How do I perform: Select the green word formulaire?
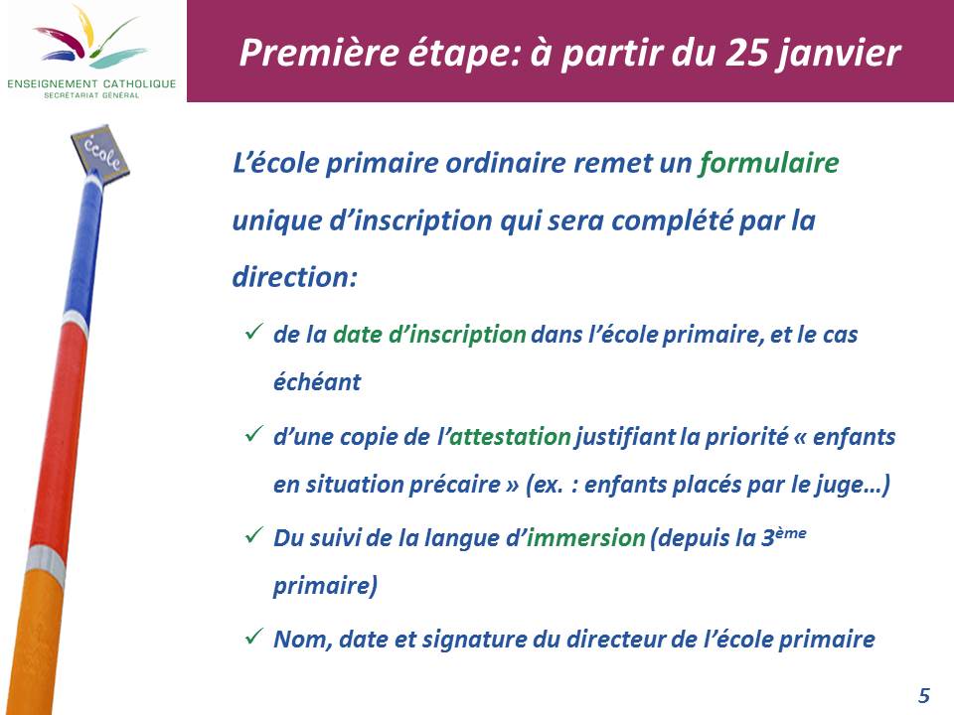click(x=768, y=163)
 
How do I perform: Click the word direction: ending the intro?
click(x=295, y=277)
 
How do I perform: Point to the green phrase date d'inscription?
click(x=429, y=335)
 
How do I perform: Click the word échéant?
click(x=317, y=381)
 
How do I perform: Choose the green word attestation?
click(x=510, y=437)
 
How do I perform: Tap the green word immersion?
click(x=585, y=537)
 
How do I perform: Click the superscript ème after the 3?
click(x=791, y=533)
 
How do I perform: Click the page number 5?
click(x=923, y=695)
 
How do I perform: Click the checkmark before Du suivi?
click(x=253, y=535)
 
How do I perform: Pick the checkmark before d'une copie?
click(x=253, y=434)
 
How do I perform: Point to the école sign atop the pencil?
click(x=100, y=151)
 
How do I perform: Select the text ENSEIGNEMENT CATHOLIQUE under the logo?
click(x=91, y=83)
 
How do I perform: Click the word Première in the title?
click(x=319, y=53)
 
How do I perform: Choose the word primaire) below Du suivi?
click(x=326, y=586)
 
